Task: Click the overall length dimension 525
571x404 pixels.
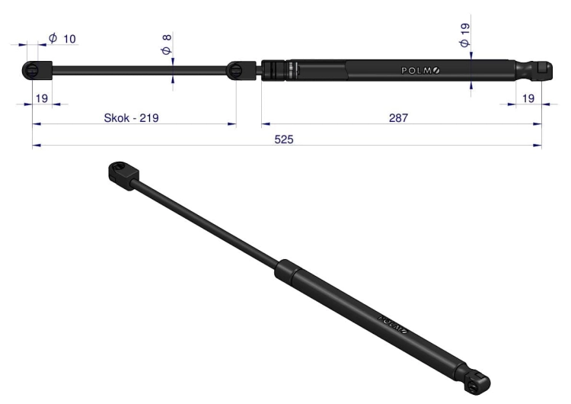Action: coord(284,139)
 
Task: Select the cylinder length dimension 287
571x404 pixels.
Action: coord(398,118)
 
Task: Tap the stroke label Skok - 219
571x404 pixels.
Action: coord(131,118)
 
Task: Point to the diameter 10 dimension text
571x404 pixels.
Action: coord(62,38)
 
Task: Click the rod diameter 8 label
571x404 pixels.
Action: coord(167,44)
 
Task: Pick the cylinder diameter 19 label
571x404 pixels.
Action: coord(464,35)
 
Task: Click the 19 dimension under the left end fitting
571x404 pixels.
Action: coord(42,98)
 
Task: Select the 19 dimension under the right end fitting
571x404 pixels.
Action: coord(528,98)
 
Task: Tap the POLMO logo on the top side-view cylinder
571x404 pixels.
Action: coord(420,70)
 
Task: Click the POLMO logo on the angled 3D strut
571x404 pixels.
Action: coord(393,324)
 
